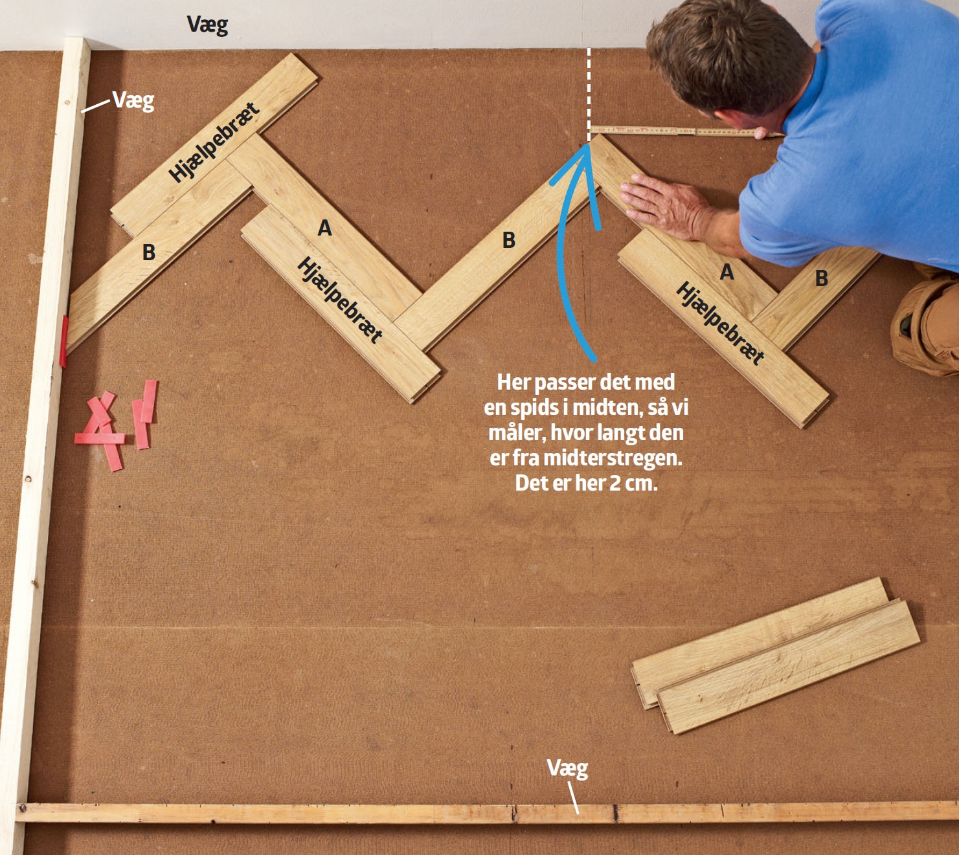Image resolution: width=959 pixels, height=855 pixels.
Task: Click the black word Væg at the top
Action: (x=207, y=25)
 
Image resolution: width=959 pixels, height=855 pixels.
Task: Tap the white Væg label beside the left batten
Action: (x=133, y=101)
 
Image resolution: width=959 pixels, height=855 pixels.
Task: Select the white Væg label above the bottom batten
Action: (x=567, y=768)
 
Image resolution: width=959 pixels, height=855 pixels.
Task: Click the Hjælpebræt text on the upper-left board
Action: (x=214, y=142)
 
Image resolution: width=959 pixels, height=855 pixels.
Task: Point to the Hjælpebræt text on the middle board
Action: (x=339, y=300)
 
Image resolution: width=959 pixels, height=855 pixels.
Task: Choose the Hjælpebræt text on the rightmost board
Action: (x=719, y=324)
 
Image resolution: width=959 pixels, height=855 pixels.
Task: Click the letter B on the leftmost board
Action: (x=149, y=252)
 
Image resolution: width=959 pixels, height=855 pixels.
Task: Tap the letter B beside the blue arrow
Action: (x=509, y=240)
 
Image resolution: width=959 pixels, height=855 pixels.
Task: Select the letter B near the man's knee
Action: (x=822, y=278)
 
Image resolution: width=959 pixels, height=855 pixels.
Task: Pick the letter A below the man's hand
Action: (x=727, y=272)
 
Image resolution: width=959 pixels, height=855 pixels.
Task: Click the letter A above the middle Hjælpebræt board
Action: (x=324, y=228)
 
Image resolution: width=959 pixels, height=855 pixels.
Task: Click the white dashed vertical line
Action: (x=589, y=94)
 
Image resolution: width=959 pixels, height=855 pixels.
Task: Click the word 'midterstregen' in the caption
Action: (x=613, y=458)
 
